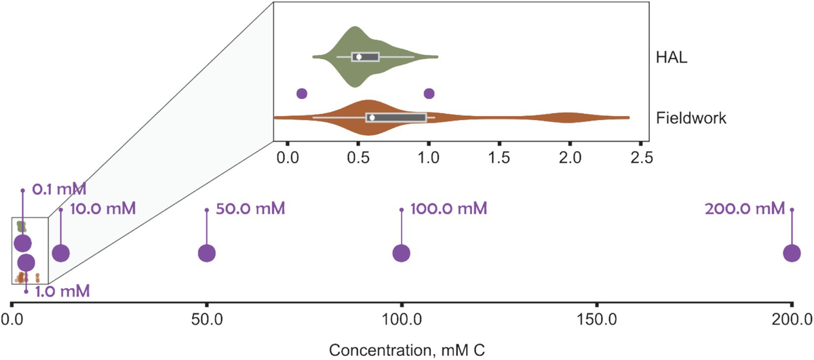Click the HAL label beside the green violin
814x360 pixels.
[672, 58]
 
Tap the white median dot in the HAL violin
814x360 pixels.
[359, 57]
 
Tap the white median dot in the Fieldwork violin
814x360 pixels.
[372, 118]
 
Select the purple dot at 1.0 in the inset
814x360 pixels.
[429, 94]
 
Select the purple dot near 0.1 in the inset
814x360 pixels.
[302, 94]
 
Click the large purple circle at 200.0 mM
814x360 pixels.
[792, 253]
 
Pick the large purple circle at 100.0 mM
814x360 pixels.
[402, 253]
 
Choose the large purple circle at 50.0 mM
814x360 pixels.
[207, 253]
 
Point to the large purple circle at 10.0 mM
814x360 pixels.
[61, 253]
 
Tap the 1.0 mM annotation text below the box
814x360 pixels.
[61, 292]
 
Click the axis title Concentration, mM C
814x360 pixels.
[406, 350]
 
